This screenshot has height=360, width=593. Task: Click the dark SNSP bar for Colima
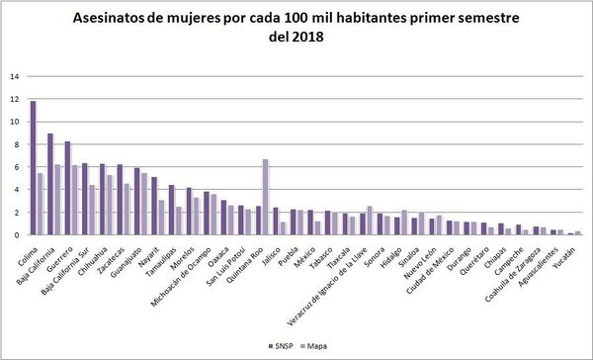pos(33,168)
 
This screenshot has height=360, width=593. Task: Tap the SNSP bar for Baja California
pos(50,184)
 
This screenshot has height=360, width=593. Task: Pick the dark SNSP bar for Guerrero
pos(67,188)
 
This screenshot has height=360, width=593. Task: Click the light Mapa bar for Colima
pos(40,204)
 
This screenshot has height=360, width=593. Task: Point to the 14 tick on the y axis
pos(13,76)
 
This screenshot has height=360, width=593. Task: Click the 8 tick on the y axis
pos(15,144)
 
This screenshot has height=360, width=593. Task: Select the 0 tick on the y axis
pos(15,235)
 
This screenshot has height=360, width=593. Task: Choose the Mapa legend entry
pos(318,347)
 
